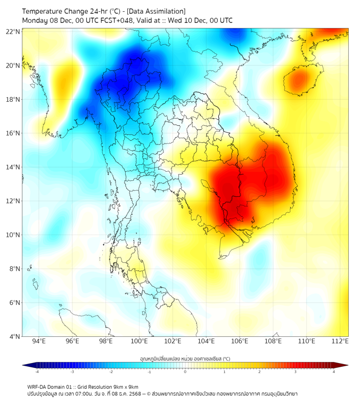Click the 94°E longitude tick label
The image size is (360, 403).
point(39,342)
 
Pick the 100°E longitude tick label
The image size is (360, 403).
point(140,342)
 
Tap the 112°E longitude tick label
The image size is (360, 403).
point(340,342)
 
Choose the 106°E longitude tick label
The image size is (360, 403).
point(240,342)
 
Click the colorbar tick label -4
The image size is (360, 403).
point(37,372)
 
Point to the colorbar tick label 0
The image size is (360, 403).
point(185,372)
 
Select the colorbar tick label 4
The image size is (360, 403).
point(334,372)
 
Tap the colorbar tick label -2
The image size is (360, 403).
point(111,372)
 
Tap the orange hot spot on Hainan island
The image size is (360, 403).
point(299,80)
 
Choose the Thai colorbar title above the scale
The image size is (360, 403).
point(185,358)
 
